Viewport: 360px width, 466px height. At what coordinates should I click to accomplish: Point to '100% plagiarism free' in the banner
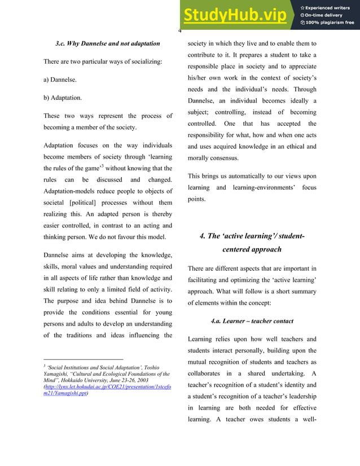point(329,23)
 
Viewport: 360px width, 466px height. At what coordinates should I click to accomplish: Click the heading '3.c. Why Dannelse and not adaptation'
point(107,43)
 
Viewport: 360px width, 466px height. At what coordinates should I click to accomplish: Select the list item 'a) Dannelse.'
point(60,80)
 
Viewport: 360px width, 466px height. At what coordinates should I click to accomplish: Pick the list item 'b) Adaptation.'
point(63,98)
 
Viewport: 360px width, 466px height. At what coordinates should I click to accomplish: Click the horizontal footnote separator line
point(83,359)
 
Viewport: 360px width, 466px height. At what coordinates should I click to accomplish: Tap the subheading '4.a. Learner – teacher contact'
point(252,321)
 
